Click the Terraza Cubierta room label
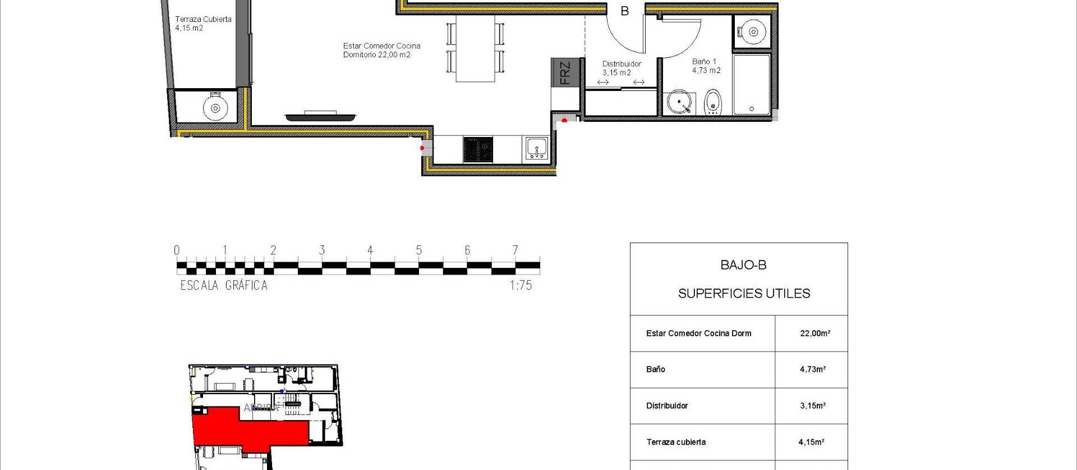[202, 23]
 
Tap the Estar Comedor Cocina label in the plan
[381, 50]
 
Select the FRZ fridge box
[565, 72]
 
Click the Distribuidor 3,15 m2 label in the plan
[621, 68]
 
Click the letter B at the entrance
[624, 11]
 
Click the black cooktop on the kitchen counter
[478, 149]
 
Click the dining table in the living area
[475, 48]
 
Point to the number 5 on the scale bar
[418, 250]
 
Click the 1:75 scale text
[521, 285]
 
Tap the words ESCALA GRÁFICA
[224, 285]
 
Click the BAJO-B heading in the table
[743, 265]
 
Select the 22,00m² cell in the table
[814, 333]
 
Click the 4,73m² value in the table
[812, 369]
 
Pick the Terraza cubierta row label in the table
[676, 442]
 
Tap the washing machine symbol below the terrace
[215, 107]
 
